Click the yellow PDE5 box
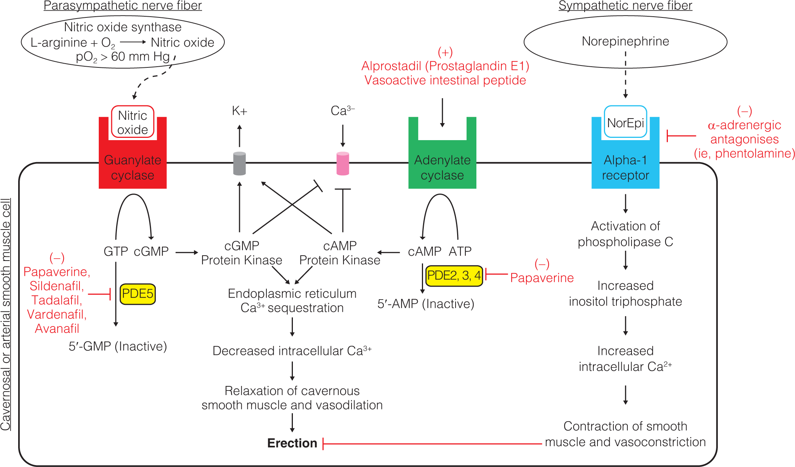click(137, 294)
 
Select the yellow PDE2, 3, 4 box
click(454, 276)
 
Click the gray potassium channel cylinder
click(240, 164)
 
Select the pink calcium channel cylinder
click(343, 164)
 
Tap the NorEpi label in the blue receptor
click(625, 123)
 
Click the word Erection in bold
click(292, 443)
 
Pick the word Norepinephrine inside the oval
click(625, 41)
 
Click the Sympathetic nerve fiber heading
click(625, 6)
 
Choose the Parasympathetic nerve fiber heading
click(123, 6)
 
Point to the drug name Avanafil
click(57, 328)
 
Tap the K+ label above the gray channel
click(240, 111)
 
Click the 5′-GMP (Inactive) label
click(118, 346)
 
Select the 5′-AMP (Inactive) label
click(426, 304)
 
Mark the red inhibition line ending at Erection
click(431, 444)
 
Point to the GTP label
click(116, 251)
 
